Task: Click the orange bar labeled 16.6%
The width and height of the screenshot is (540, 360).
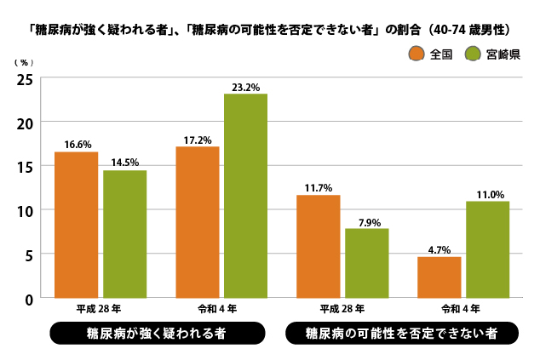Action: click(x=77, y=225)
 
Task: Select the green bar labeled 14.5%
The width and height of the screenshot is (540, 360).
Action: click(x=125, y=234)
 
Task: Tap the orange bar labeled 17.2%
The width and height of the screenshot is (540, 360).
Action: click(x=198, y=222)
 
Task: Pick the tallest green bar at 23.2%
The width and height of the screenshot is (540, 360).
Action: click(x=245, y=196)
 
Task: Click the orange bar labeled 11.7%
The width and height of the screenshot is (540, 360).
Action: click(x=319, y=246)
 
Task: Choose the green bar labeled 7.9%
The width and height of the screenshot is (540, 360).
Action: click(x=367, y=263)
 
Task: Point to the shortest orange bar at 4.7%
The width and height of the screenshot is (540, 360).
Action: click(x=439, y=277)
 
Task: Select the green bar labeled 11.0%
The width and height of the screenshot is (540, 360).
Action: click(x=488, y=249)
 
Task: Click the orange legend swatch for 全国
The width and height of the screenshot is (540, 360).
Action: click(x=416, y=54)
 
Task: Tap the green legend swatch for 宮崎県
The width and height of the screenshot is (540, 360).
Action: click(x=473, y=54)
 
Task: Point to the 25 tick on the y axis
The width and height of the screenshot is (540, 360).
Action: click(x=26, y=79)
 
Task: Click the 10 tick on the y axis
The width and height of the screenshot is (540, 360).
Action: click(x=26, y=210)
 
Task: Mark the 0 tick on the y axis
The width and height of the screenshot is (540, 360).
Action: click(x=29, y=299)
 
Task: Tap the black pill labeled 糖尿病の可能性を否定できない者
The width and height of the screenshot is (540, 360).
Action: click(x=400, y=333)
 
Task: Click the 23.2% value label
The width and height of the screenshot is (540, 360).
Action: click(x=245, y=87)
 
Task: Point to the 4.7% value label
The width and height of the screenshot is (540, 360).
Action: click(x=439, y=250)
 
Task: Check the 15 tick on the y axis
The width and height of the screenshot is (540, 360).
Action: click(x=26, y=167)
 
